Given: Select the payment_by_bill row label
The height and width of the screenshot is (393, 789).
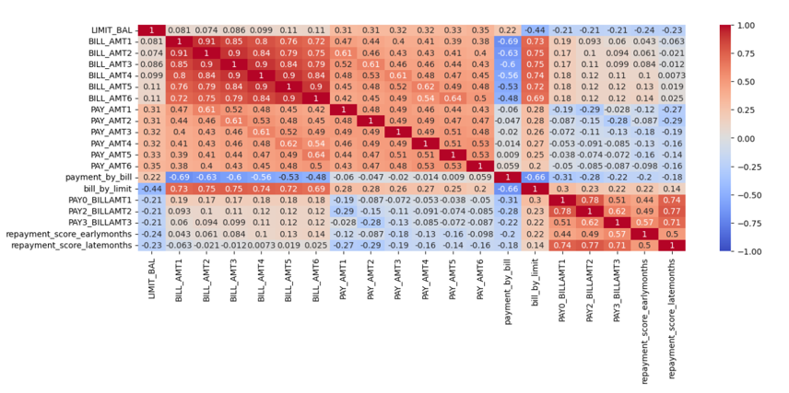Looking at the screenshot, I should pos(105,175).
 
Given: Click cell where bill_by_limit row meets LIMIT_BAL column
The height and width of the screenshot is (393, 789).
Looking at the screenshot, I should pos(151,187).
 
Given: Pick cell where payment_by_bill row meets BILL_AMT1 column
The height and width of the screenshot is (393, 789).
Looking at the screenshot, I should pos(178,175).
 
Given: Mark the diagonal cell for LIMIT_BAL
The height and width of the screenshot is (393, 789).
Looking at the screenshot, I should pos(151,30).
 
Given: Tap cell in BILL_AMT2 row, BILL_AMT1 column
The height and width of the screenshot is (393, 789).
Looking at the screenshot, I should pos(178,54).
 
